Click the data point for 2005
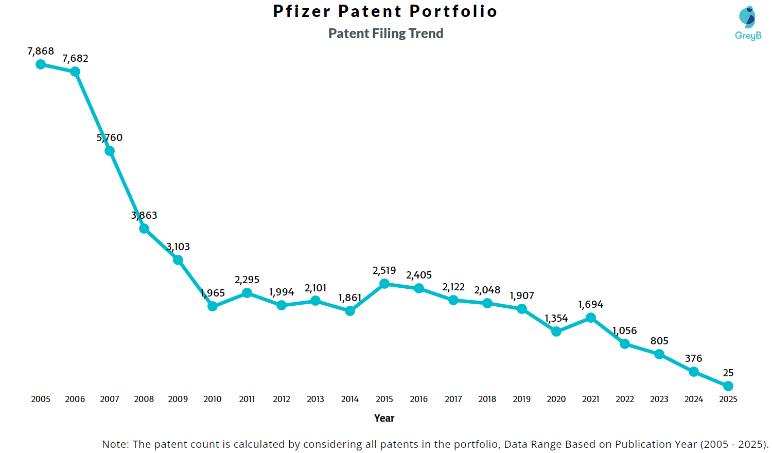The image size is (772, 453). [x=41, y=64]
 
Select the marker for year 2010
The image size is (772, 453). [x=213, y=306]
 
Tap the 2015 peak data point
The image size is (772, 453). [x=384, y=284]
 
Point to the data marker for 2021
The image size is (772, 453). [x=591, y=318]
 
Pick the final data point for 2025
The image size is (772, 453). [x=728, y=386]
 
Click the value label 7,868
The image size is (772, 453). [x=41, y=51]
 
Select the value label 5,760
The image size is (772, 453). [x=110, y=138]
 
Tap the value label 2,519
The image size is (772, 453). [x=384, y=271]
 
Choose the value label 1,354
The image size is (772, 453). [x=556, y=319]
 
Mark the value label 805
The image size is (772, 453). [x=659, y=341]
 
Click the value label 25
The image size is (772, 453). [x=728, y=373]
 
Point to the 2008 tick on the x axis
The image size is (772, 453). [x=144, y=399]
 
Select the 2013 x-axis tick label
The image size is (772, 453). [x=315, y=399]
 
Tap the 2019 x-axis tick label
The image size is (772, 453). [x=522, y=399]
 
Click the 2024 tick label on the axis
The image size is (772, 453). [x=694, y=399]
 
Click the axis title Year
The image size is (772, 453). [x=384, y=419]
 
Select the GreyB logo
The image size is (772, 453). [x=748, y=23]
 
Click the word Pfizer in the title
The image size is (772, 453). [x=302, y=11]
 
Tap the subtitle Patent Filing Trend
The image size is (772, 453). [x=386, y=34]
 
